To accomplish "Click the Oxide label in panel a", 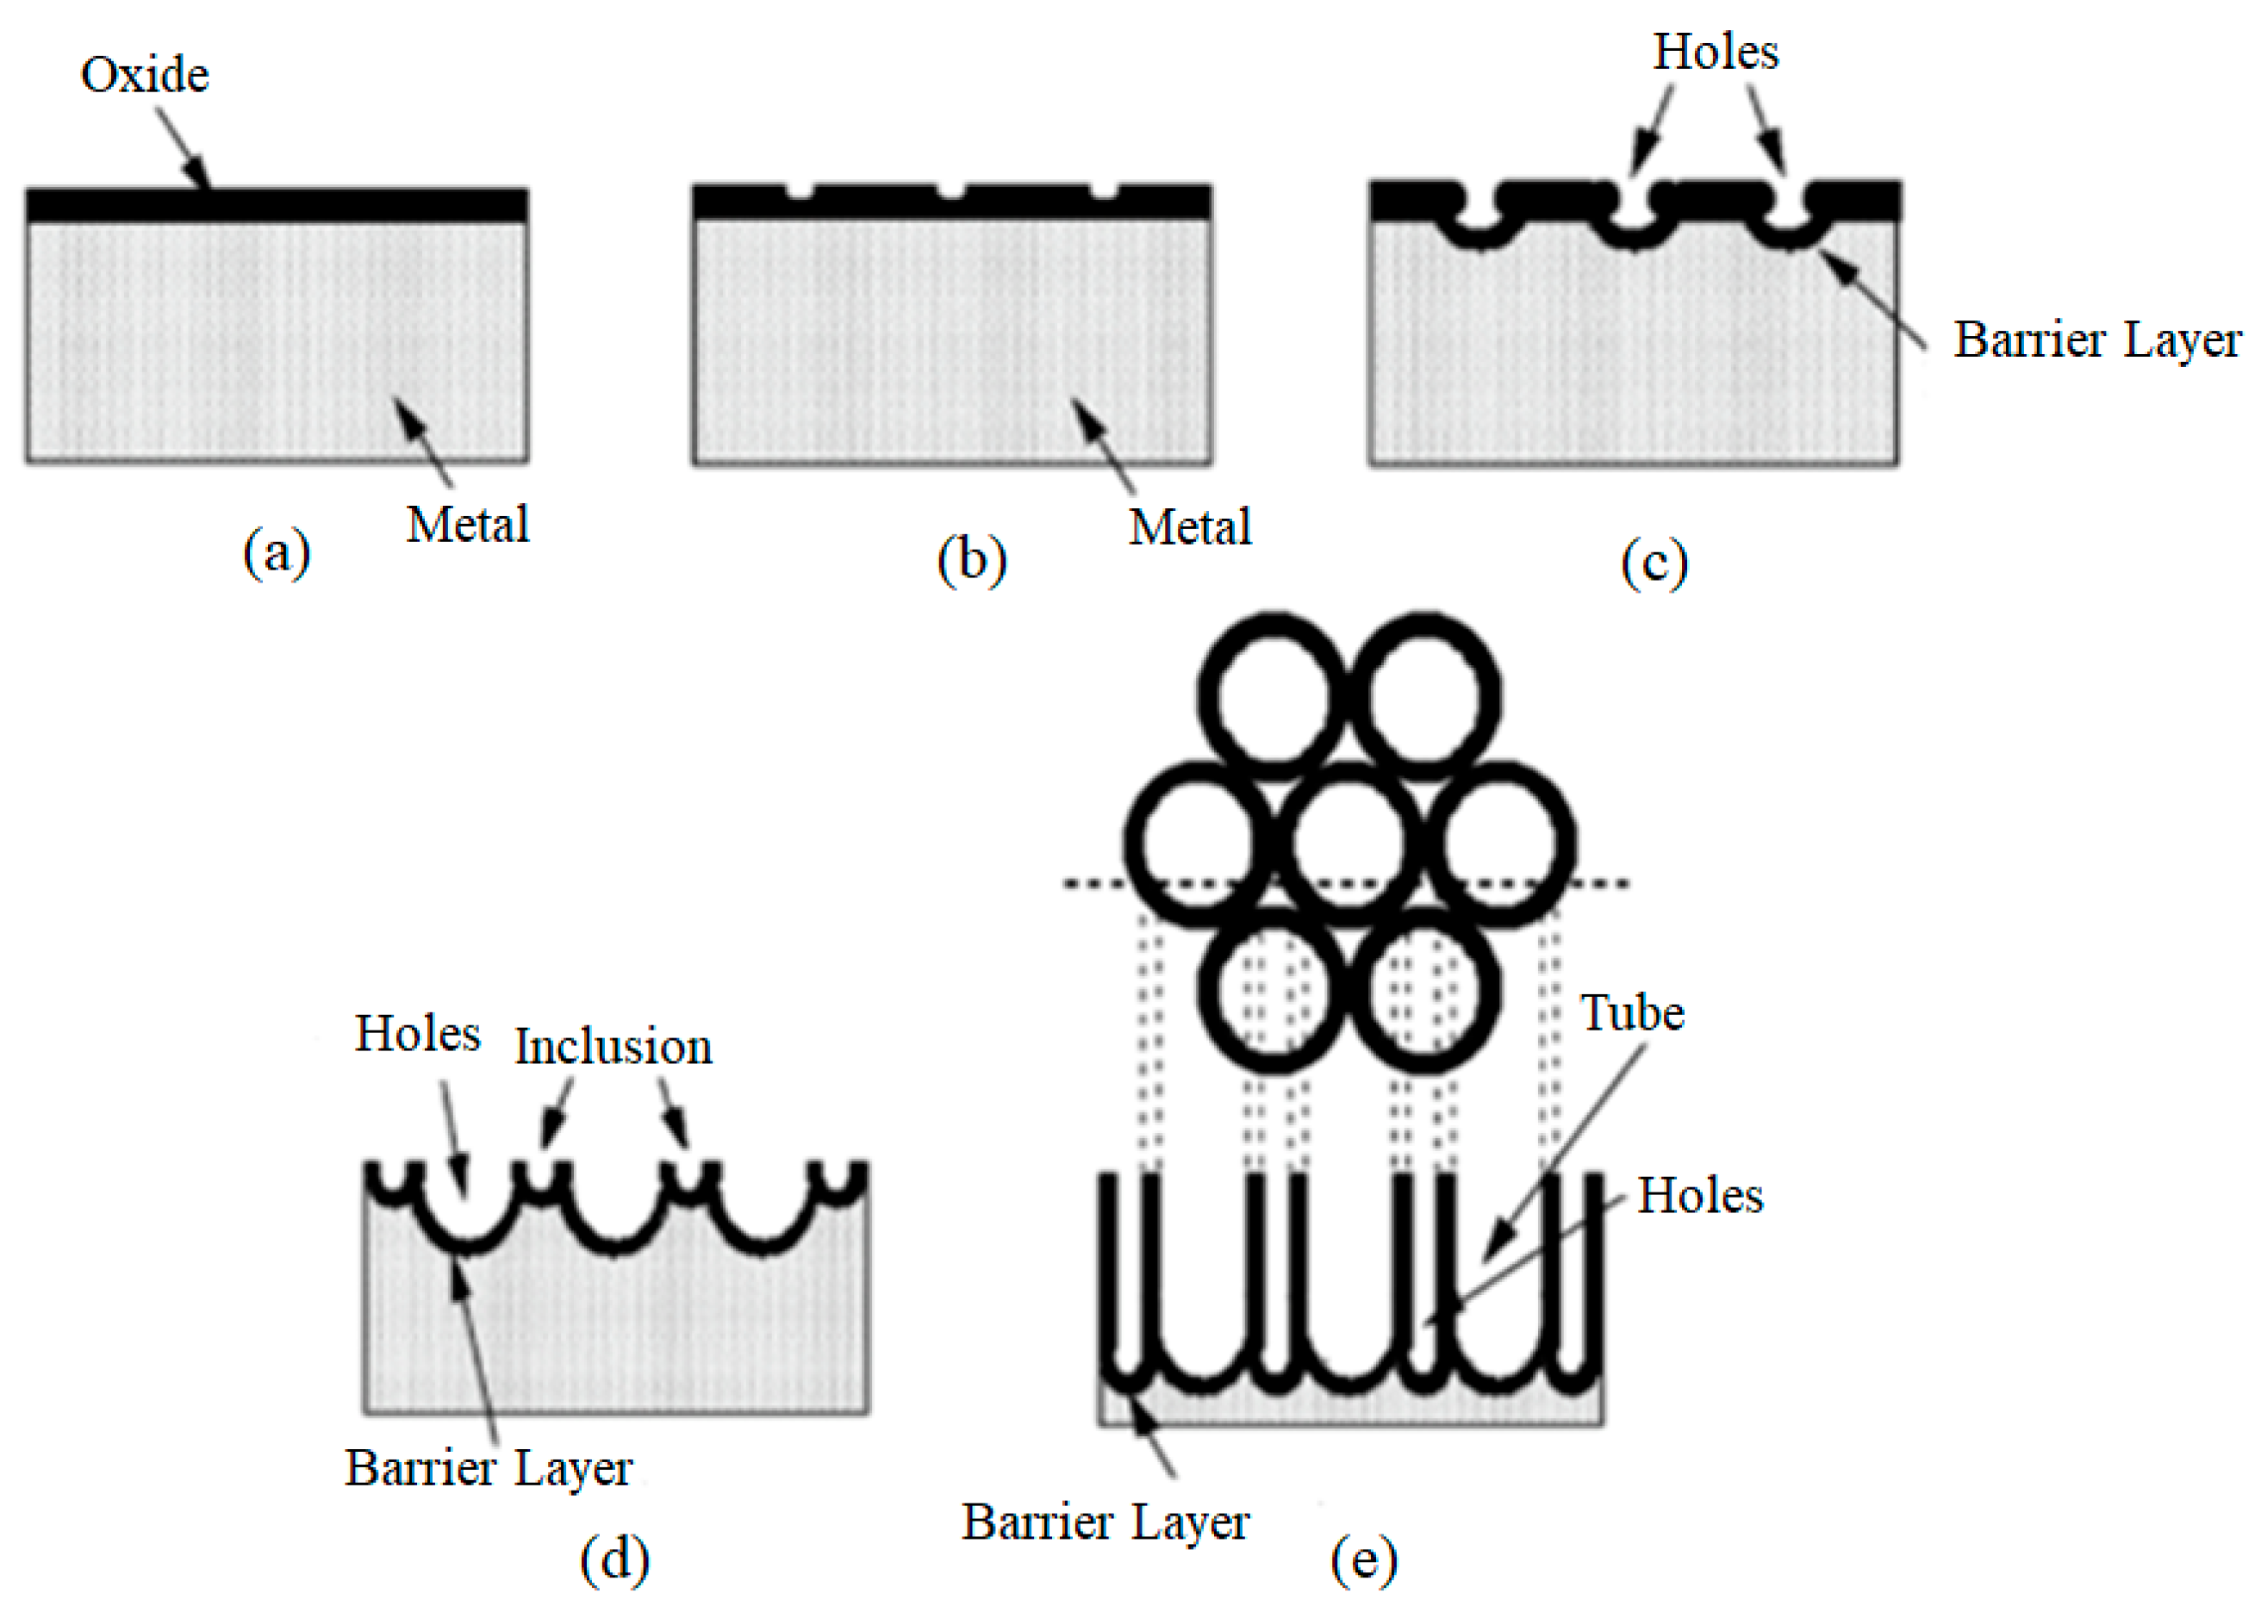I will pos(145,76).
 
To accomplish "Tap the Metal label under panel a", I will pos(468,524).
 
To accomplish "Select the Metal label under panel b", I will pos(1190,527).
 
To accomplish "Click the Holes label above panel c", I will pos(1715,52).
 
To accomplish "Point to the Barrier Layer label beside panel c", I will pos(2097,340).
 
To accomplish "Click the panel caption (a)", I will pos(276,552).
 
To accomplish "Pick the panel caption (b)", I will pos(972,561).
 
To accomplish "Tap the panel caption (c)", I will pos(1654,563).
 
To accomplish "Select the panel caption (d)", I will pos(614,1559).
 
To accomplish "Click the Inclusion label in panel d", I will pos(614,1047).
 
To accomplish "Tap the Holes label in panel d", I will pos(418,1034).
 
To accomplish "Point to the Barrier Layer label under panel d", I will pos(489,1468).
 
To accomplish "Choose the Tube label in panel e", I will pos(1632,1013).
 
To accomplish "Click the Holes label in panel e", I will pos(1699,1195).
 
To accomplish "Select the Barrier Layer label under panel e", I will pos(1105,1522).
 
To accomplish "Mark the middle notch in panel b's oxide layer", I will pos(950,191).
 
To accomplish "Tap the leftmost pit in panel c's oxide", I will pos(1478,214).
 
